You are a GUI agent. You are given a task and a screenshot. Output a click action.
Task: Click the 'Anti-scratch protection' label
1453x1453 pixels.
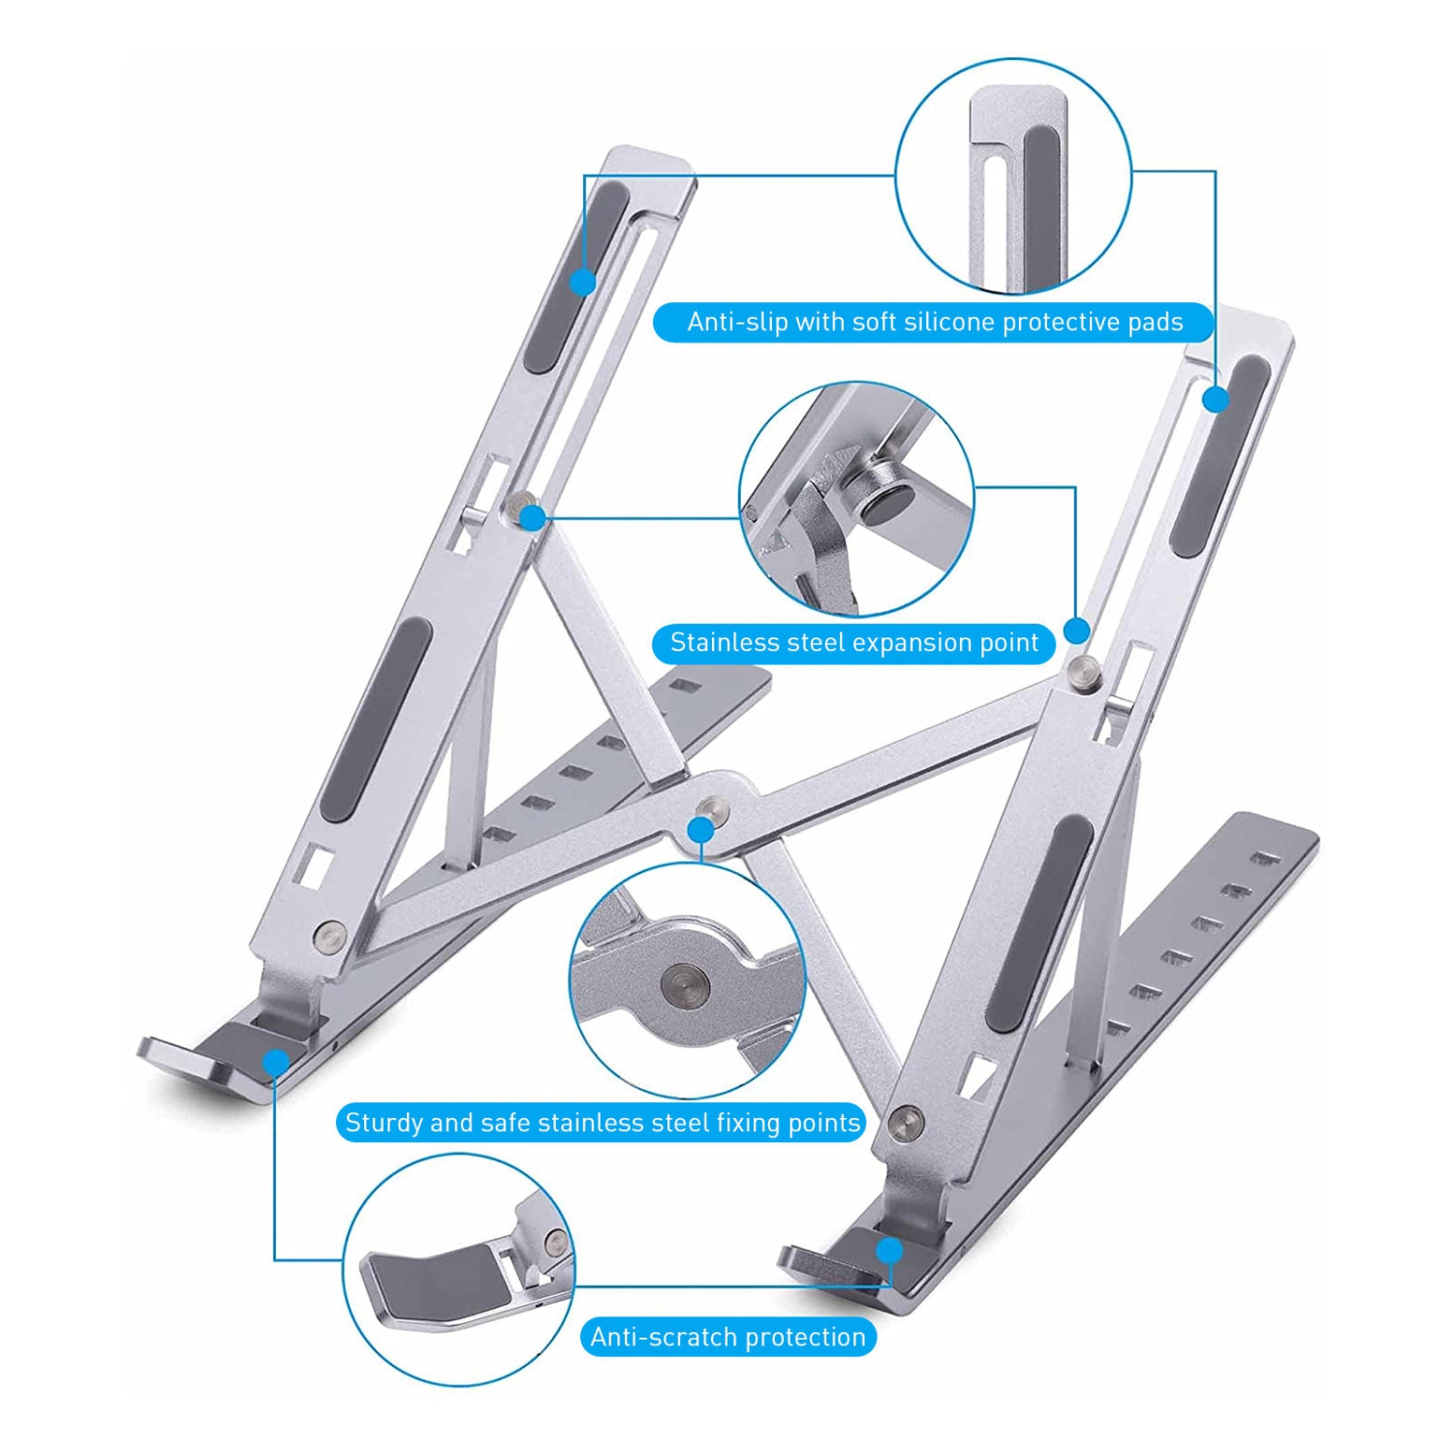tap(727, 1337)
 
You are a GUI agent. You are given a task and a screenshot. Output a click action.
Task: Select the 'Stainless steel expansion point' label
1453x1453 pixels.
tap(853, 643)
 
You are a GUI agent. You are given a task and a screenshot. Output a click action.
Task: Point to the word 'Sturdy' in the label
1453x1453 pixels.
tap(384, 1123)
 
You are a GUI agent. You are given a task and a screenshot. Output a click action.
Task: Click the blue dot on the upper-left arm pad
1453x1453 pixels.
tap(582, 282)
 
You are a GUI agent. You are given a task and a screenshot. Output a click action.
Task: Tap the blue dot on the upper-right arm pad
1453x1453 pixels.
tap(1216, 398)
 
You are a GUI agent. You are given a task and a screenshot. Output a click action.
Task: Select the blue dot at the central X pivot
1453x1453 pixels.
tap(700, 830)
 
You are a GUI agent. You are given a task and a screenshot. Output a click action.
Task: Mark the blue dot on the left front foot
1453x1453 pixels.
tap(276, 1063)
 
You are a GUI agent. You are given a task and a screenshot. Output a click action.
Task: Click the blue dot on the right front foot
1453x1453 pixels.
tap(889, 1251)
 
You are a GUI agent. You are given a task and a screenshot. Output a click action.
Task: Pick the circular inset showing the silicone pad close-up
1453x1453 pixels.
tap(1013, 175)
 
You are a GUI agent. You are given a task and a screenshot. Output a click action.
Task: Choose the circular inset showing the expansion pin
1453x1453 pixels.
tap(856, 499)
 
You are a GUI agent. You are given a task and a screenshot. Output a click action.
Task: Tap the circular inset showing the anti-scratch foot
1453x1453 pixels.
tap(458, 1269)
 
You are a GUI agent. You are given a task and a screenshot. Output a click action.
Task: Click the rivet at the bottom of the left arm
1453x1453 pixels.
tap(331, 936)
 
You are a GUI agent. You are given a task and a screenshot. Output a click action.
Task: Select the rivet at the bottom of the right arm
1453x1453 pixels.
tap(906, 1122)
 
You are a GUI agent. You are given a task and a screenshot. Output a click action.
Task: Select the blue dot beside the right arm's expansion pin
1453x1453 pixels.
tap(1076, 632)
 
